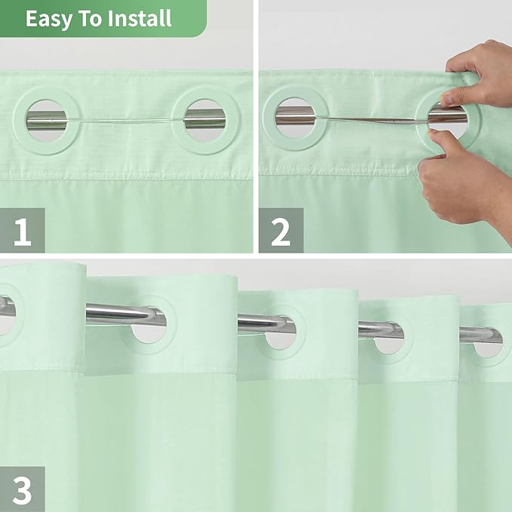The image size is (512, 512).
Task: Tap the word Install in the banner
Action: coord(138,18)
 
